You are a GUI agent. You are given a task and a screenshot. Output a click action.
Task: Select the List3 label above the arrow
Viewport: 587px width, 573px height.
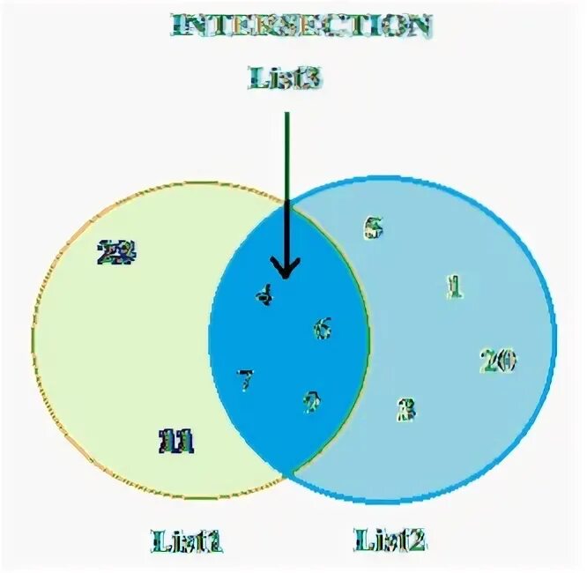284,78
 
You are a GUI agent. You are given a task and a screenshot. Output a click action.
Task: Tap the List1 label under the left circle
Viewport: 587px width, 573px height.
187,540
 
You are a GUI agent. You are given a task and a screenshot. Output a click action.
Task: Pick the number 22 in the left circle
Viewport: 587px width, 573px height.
118,254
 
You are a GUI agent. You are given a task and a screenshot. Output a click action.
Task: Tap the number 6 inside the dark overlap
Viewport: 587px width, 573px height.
323,330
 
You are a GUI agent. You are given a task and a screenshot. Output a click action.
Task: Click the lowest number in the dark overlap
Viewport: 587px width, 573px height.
312,403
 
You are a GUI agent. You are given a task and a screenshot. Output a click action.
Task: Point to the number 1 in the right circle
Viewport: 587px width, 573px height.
454,286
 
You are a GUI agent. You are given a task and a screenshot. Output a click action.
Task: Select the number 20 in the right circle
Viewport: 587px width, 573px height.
497,361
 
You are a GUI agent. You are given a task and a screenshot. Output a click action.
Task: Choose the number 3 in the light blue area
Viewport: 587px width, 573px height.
406,410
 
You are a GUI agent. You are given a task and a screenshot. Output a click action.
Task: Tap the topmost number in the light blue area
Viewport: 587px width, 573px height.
374,227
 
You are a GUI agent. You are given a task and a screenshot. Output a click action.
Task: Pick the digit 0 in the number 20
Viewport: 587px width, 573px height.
506,361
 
